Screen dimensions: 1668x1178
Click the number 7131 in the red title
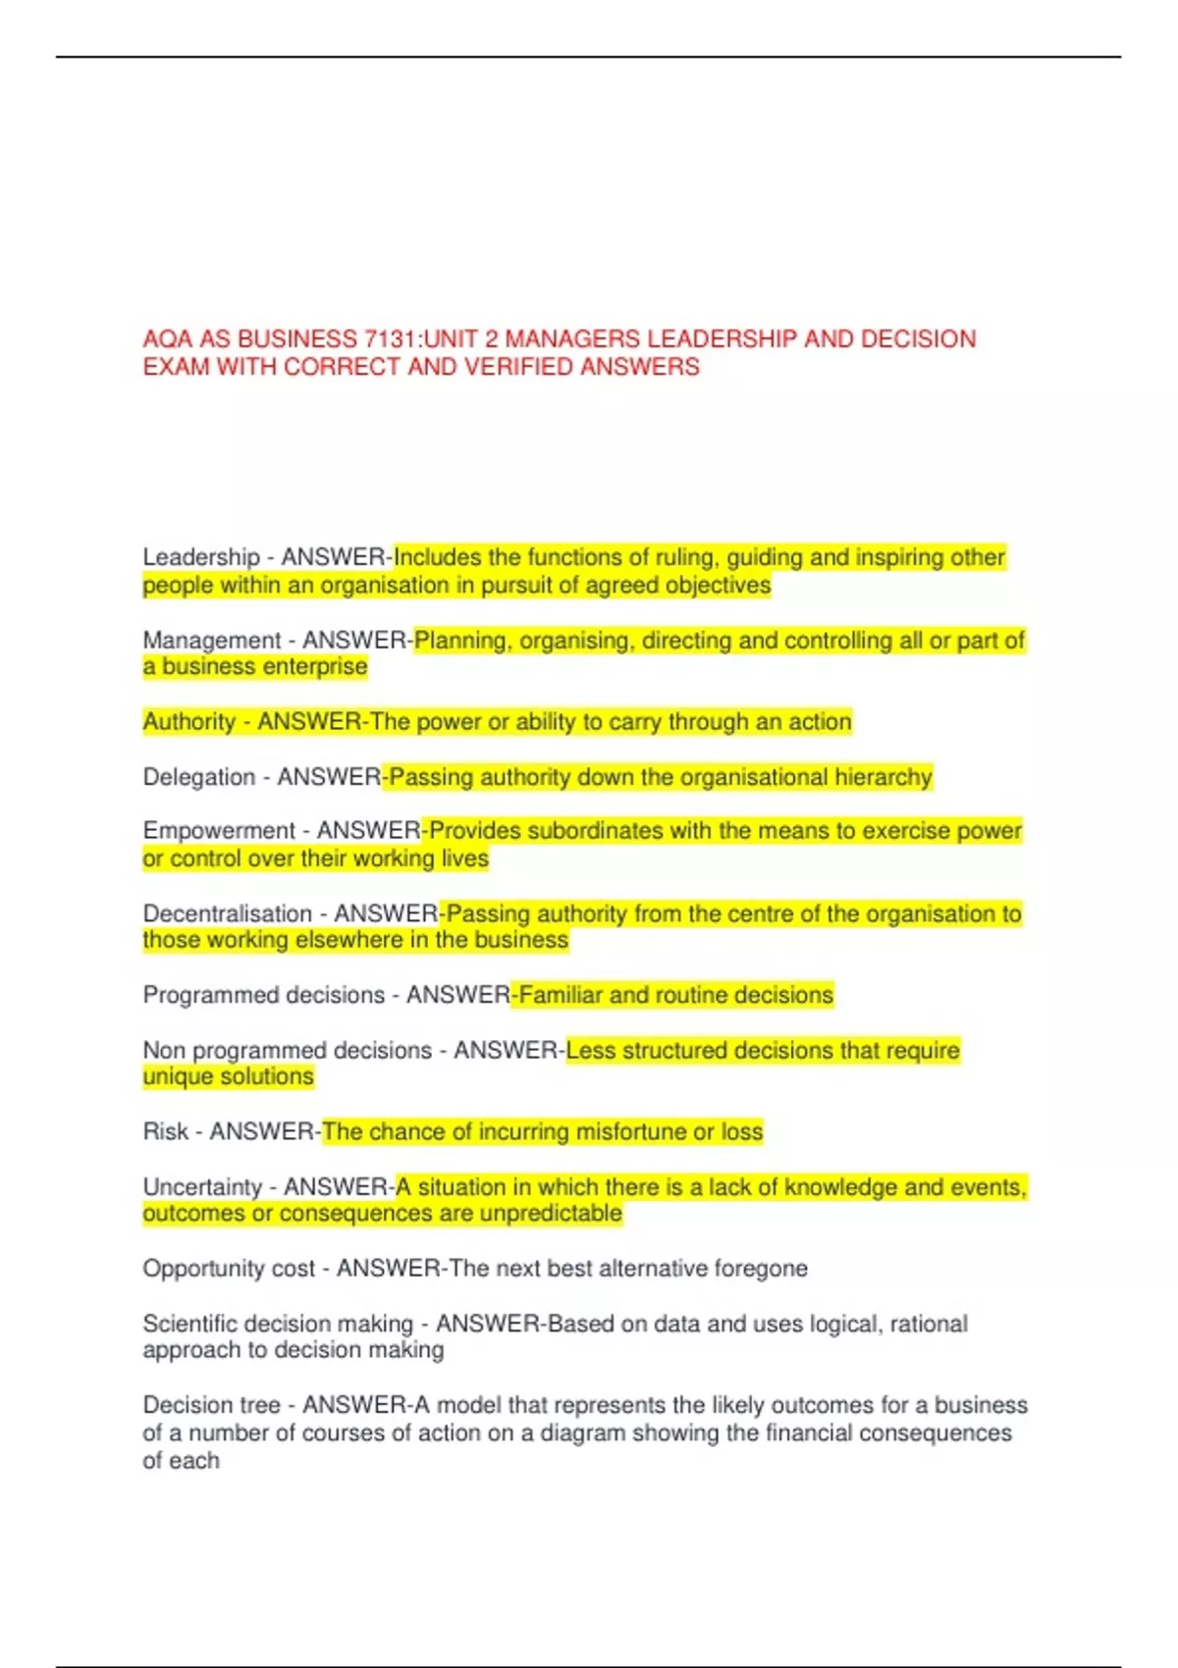pos(390,339)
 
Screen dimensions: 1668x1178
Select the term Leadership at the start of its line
pos(201,557)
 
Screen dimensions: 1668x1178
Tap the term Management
pos(212,641)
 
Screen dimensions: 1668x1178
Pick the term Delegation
pos(199,777)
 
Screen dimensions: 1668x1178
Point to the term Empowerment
pos(219,831)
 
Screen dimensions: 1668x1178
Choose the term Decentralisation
pos(228,913)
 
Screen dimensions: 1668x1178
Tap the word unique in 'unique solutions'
pos(176,1076)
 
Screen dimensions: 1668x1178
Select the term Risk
pos(165,1131)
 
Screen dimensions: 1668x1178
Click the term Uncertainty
pos(202,1187)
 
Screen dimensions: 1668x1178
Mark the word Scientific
pos(189,1324)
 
